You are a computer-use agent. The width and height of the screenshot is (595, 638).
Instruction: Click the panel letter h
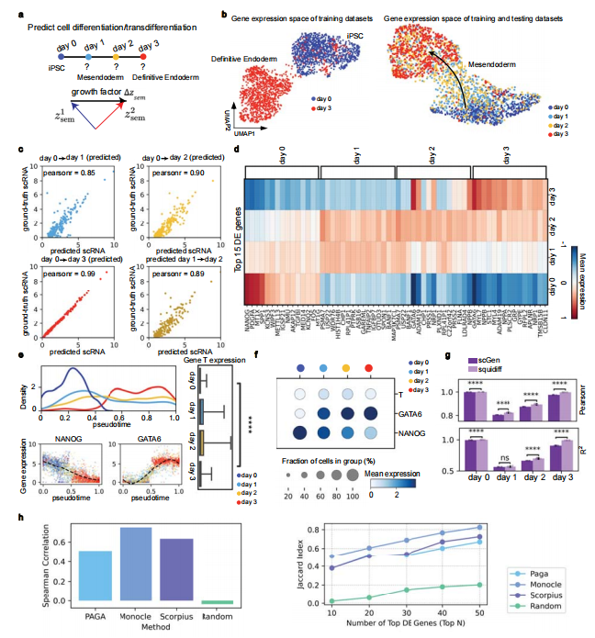click(21, 518)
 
